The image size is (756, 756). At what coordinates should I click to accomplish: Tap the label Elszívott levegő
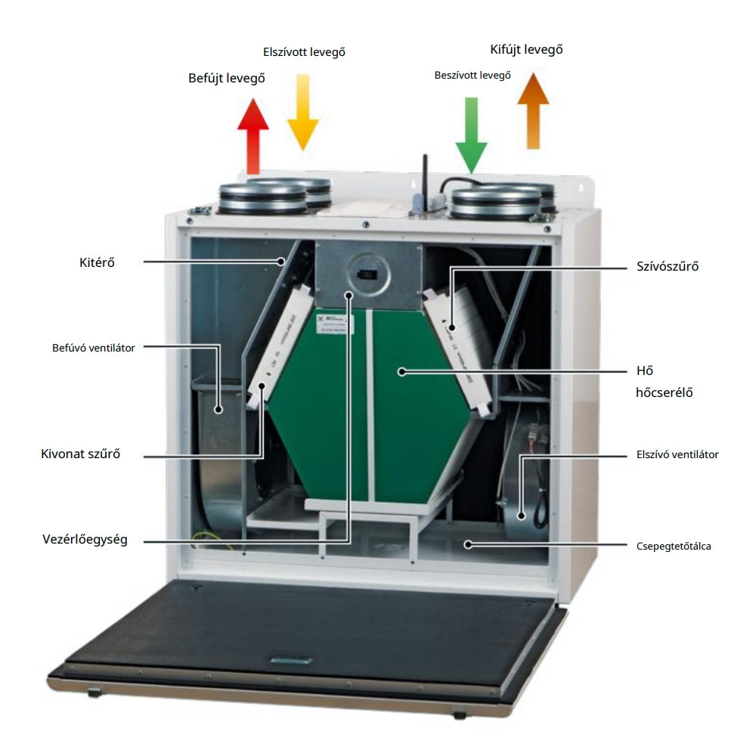pos(304,52)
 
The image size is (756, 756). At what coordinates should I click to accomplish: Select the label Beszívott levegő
pos(472,76)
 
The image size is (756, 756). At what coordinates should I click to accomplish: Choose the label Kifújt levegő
pos(527,50)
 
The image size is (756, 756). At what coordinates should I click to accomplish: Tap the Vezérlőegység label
pos(85,541)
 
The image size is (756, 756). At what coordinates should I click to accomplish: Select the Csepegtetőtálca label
pos(674,545)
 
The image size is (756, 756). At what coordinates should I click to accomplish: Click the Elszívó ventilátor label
pos(677,454)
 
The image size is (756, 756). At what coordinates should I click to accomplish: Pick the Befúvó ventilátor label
pos(94,348)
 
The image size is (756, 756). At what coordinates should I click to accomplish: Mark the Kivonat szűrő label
pos(81,454)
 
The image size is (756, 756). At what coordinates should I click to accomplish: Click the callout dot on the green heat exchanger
pos(402,371)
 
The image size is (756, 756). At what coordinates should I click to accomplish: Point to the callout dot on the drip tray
pos(469,543)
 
